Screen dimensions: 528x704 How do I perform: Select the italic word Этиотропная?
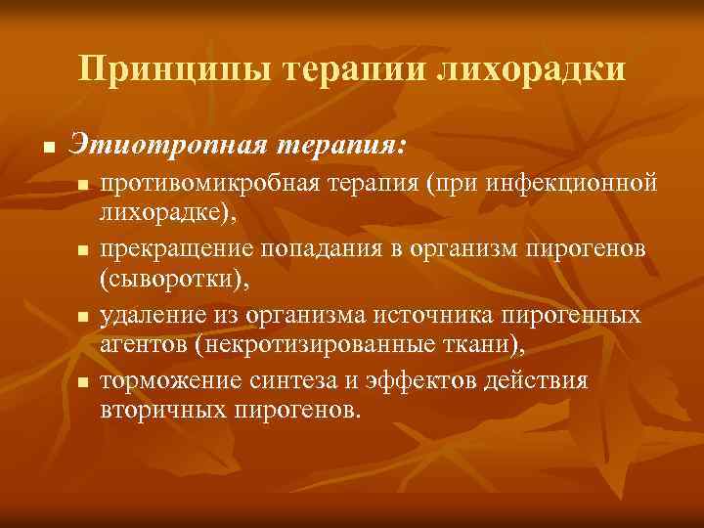point(167,147)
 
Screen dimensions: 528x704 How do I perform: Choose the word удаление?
point(148,315)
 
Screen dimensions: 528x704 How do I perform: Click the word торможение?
point(164,379)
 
